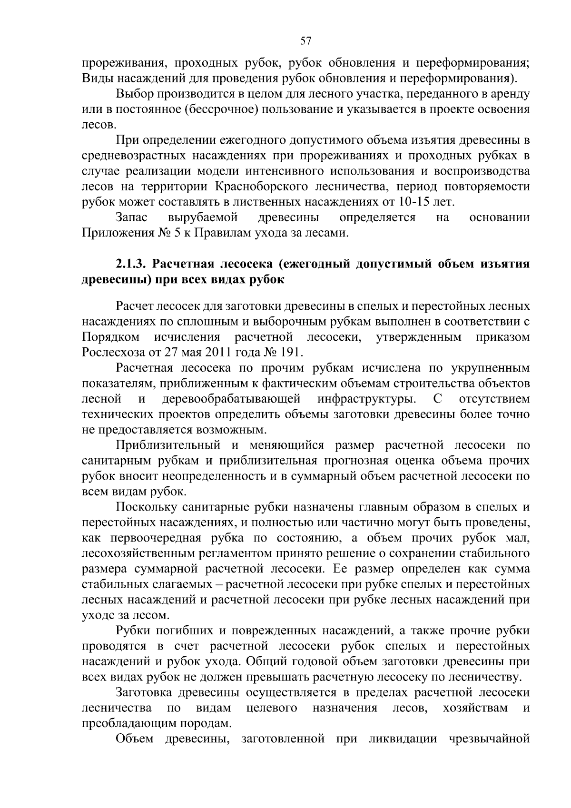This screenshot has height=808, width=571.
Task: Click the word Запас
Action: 131,218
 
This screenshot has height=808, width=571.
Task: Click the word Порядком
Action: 110,337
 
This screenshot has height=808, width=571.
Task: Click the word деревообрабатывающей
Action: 232,399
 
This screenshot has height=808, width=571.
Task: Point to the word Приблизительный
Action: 168,445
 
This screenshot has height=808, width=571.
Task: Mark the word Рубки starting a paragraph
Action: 133,631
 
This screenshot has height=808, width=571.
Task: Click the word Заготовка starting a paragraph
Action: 145,693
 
